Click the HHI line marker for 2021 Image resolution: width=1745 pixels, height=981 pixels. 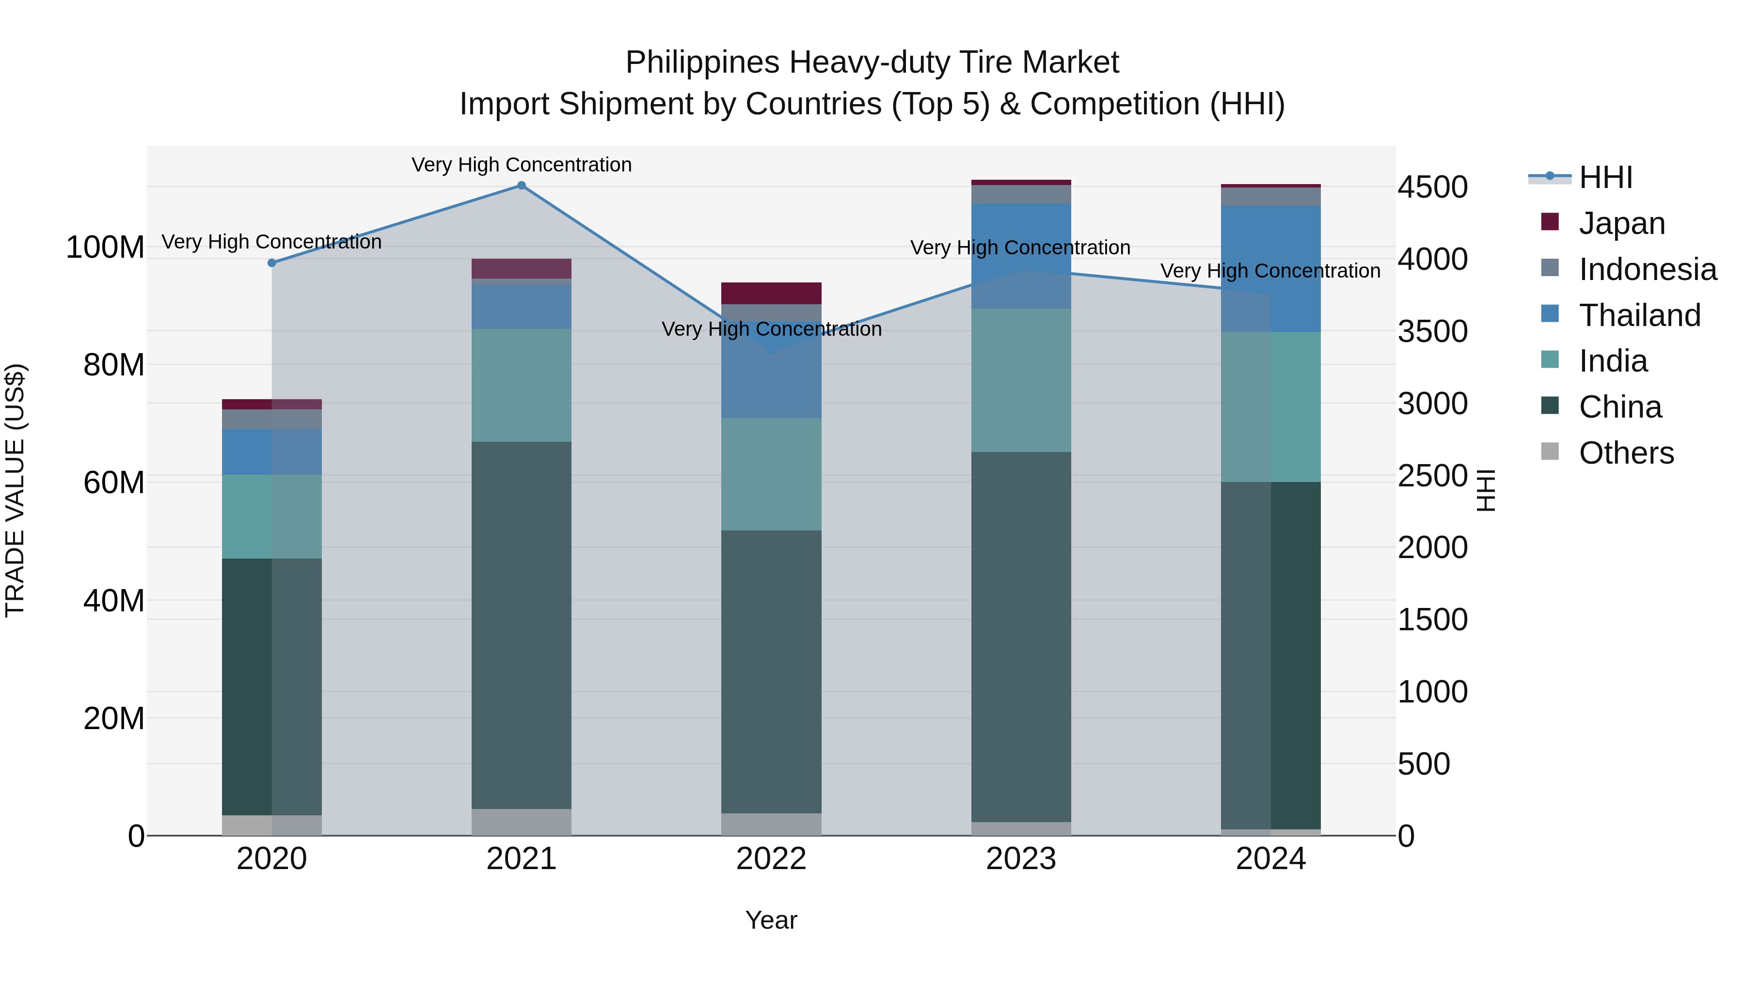pos(521,186)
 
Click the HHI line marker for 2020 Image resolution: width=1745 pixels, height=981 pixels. pos(271,263)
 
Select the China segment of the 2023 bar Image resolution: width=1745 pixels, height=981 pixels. pos(1020,637)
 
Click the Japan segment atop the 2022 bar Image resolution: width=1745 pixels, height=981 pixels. pos(771,293)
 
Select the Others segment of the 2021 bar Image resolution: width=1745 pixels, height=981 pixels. pos(521,822)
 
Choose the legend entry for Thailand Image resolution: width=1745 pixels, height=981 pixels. pos(1639,315)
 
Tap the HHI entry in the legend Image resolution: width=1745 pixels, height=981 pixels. pos(1605,177)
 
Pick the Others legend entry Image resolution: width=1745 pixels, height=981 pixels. pos(1625,453)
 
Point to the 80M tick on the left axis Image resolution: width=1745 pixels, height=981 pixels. pos(114,365)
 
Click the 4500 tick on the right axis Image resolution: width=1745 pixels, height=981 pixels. pos(1432,187)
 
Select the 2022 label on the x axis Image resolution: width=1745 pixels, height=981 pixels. pos(771,859)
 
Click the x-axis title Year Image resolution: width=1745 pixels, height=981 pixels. pos(771,920)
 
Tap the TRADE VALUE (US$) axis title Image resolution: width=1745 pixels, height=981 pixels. pos(15,490)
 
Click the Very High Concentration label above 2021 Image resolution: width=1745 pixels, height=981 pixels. pos(521,165)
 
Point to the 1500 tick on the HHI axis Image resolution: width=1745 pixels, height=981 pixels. pos(1432,620)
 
